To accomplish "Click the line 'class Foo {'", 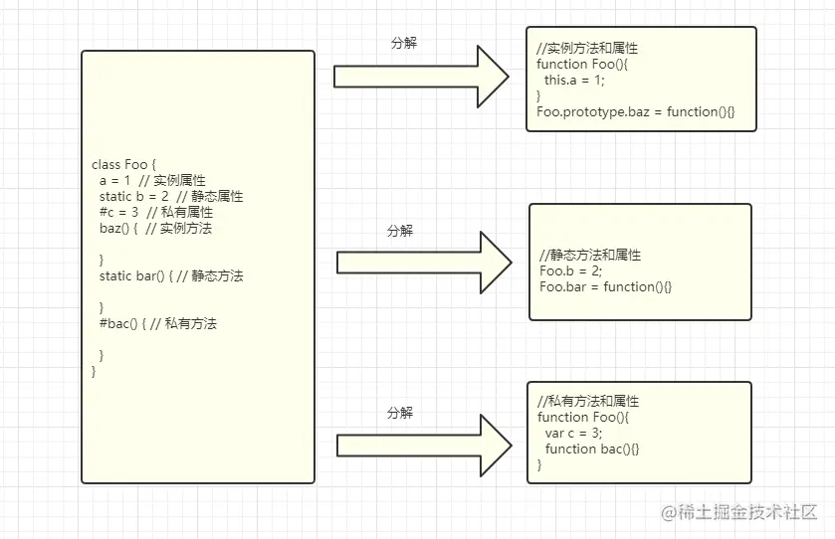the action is coord(124,165).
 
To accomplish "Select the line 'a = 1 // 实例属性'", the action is coord(152,181).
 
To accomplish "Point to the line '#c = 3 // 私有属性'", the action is coord(155,213).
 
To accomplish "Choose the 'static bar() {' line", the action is coord(170,275).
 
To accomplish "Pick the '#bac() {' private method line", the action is coord(157,323).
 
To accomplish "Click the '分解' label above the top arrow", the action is coord(403,44).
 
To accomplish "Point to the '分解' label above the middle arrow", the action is coord(400,231).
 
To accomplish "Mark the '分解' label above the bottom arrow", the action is coord(400,413).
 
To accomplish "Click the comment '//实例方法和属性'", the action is coord(587,49).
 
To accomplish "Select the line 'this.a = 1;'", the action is coord(574,81).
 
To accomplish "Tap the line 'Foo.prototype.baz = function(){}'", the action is coord(635,112).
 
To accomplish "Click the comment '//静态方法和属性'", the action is coord(590,256).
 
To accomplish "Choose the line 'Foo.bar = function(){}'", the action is coord(605,287).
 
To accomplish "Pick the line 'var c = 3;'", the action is coord(574,434).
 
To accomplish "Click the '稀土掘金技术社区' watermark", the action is coord(739,513).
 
